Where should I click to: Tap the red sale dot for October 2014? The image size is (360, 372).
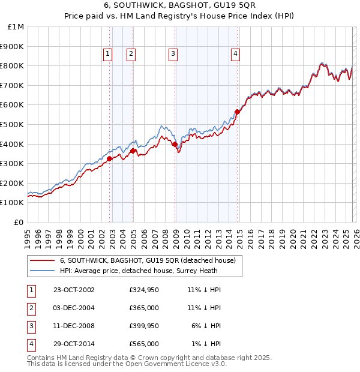(x=238, y=112)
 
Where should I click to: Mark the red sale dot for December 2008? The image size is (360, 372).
(x=175, y=144)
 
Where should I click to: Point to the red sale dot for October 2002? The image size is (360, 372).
(x=110, y=158)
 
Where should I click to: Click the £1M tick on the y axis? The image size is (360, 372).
(x=16, y=26)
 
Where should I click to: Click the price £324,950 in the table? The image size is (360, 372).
(x=144, y=290)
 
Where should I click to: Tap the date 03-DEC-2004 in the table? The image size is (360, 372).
(x=74, y=308)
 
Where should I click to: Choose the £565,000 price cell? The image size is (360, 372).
(x=144, y=344)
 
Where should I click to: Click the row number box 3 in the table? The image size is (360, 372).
(x=31, y=326)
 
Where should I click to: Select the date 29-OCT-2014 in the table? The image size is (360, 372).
(x=74, y=344)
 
